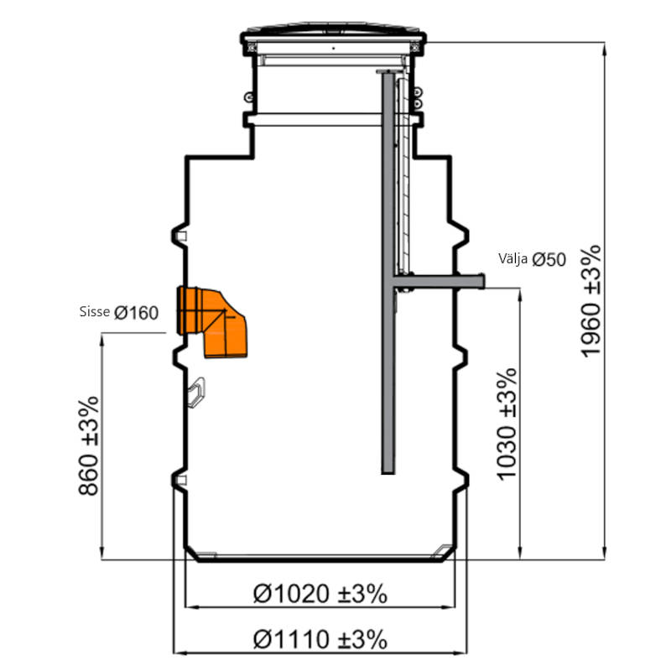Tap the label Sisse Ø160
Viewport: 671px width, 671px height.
pos(119,312)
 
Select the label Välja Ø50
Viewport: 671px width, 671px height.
pos(532,259)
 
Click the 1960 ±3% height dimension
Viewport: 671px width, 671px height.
pos(591,301)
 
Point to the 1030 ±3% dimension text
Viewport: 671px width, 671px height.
pos(507,424)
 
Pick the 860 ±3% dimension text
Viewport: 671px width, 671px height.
pos(89,446)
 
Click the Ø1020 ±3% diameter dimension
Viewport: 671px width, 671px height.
pos(320,594)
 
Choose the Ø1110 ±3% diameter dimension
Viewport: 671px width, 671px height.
pos(320,640)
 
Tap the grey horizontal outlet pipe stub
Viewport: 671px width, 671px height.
pos(439,281)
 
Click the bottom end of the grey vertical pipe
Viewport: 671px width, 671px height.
pos(388,473)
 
